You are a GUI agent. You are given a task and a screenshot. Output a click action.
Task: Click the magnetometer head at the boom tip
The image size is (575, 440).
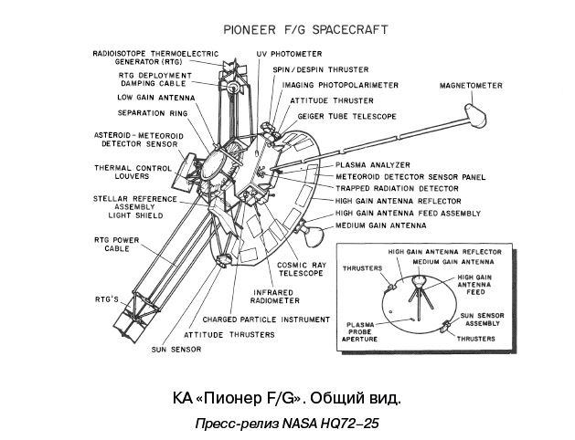click(x=475, y=113)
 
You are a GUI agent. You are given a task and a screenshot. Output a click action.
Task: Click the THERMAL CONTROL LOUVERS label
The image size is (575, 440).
click(x=133, y=173)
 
